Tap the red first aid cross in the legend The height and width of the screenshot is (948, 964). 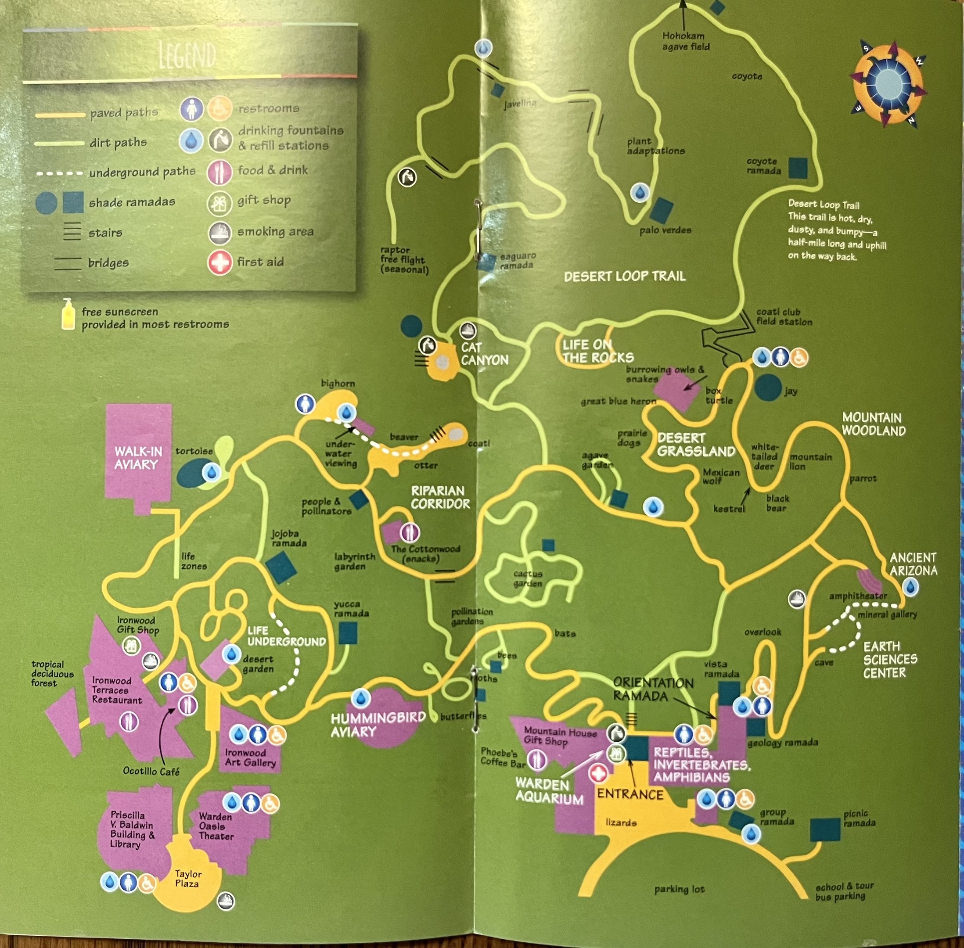[220, 262]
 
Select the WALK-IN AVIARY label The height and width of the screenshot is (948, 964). [138, 458]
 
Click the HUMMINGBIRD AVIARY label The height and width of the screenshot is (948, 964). [378, 725]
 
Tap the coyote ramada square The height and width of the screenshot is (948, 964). [798, 168]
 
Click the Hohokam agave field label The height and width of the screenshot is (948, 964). [686, 41]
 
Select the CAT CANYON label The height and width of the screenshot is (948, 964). [484, 353]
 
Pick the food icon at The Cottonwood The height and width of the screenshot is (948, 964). [409, 533]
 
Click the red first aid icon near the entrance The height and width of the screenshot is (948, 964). [598, 773]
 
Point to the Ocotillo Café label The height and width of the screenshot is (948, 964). [151, 771]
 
